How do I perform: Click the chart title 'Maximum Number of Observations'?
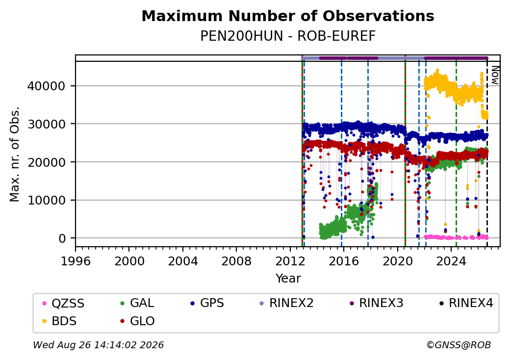tap(288, 16)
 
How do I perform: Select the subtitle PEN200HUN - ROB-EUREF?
tap(288, 36)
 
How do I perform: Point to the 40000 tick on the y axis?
tap(47, 86)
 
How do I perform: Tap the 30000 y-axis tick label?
tap(47, 124)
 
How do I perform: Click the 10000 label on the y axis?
tap(47, 200)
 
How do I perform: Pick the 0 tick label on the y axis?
tap(62, 238)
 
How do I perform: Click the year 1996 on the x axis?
tap(76, 261)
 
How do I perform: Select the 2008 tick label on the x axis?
tap(236, 261)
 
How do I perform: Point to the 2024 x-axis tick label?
tap(451, 261)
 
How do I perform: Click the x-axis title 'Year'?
tap(288, 279)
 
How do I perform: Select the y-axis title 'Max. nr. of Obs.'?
tap(15, 154)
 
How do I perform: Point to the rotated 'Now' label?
tap(495, 75)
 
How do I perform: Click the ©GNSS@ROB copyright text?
tap(459, 345)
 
